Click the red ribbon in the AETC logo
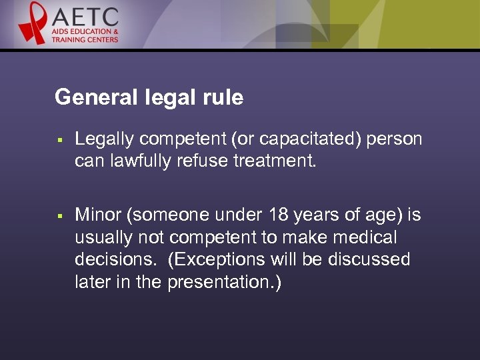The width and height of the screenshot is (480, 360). (x=31, y=22)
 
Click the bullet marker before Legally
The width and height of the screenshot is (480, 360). (x=59, y=141)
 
